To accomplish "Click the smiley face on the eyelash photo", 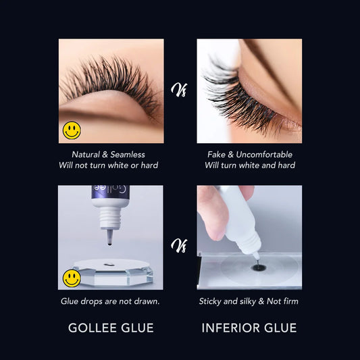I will click(72, 130).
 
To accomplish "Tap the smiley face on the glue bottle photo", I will click(72, 278).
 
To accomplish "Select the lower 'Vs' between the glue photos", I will click(180, 244).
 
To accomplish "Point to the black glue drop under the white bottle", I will click(258, 268).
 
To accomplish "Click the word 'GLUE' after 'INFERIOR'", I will click(280, 328).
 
